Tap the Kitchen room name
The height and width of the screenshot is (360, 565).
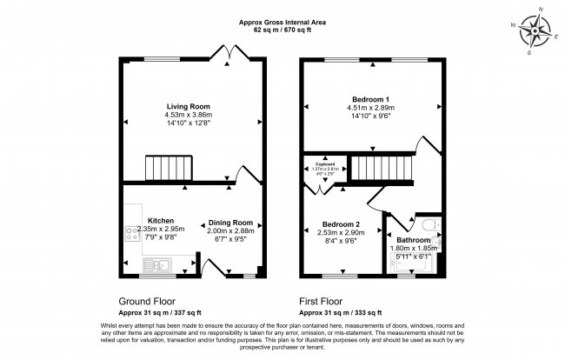(x=161, y=221)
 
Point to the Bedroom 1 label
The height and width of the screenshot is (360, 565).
(x=371, y=98)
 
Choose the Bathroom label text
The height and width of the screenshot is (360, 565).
(x=413, y=239)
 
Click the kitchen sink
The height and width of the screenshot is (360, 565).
(x=161, y=263)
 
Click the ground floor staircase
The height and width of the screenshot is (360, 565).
(x=162, y=167)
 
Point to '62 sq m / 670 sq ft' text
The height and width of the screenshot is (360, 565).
(x=282, y=29)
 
